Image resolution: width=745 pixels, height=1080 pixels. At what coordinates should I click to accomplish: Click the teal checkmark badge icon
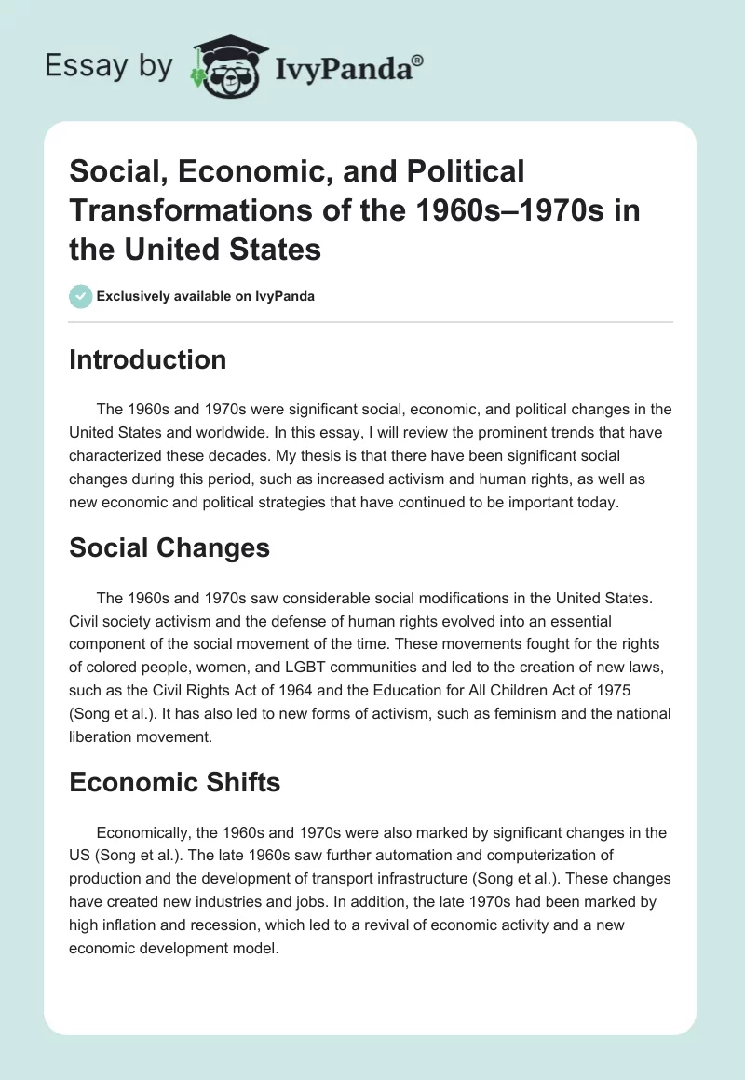80,296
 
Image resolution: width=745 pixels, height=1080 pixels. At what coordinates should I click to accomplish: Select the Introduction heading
147,360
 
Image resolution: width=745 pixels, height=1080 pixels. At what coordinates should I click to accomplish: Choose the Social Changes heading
169,548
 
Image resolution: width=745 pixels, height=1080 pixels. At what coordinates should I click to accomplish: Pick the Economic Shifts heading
174,783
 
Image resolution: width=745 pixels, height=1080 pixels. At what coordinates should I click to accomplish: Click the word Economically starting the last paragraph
146,831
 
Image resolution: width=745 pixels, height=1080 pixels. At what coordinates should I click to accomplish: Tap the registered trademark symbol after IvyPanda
418,59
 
